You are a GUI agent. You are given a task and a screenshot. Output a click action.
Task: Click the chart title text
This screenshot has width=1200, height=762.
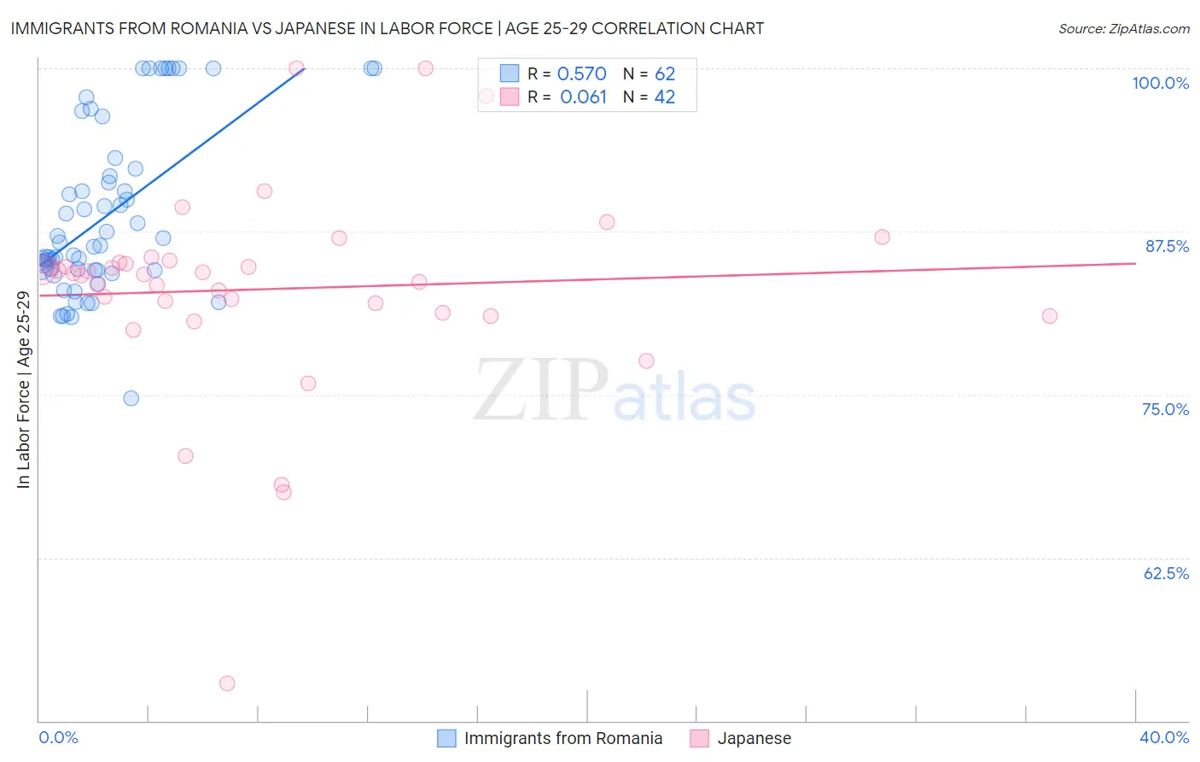(387, 28)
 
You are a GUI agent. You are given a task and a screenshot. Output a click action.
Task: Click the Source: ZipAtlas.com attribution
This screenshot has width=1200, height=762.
(1123, 28)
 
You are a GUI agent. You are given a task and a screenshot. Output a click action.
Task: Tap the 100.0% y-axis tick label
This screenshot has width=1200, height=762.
(1160, 83)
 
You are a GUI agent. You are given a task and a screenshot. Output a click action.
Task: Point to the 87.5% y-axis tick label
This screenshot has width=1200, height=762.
(1166, 246)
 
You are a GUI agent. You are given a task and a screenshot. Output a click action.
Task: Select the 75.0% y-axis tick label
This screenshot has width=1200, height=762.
(1165, 409)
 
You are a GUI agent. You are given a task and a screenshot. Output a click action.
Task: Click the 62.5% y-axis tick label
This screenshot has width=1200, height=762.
(1166, 573)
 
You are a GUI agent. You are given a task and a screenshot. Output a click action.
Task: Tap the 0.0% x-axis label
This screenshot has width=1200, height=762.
(58, 737)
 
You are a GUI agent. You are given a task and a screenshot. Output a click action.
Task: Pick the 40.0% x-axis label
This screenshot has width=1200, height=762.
(1163, 737)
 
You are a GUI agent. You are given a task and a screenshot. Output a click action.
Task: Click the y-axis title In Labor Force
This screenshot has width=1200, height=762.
(23, 390)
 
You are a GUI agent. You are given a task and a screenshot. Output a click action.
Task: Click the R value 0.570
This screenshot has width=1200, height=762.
(581, 74)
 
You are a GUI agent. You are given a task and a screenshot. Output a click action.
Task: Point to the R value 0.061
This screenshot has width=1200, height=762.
(583, 97)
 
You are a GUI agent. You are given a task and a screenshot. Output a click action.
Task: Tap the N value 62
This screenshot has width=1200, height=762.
(664, 74)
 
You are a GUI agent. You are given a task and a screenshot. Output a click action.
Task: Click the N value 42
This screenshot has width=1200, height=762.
(664, 97)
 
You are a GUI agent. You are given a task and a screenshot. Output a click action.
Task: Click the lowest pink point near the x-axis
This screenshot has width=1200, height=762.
(227, 683)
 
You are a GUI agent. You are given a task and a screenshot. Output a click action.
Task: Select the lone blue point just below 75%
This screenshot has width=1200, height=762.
(131, 398)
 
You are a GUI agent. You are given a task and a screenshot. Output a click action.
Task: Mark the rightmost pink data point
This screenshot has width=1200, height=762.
(1050, 316)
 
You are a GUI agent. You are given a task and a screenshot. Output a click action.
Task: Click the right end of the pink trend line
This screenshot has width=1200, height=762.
(1135, 263)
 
